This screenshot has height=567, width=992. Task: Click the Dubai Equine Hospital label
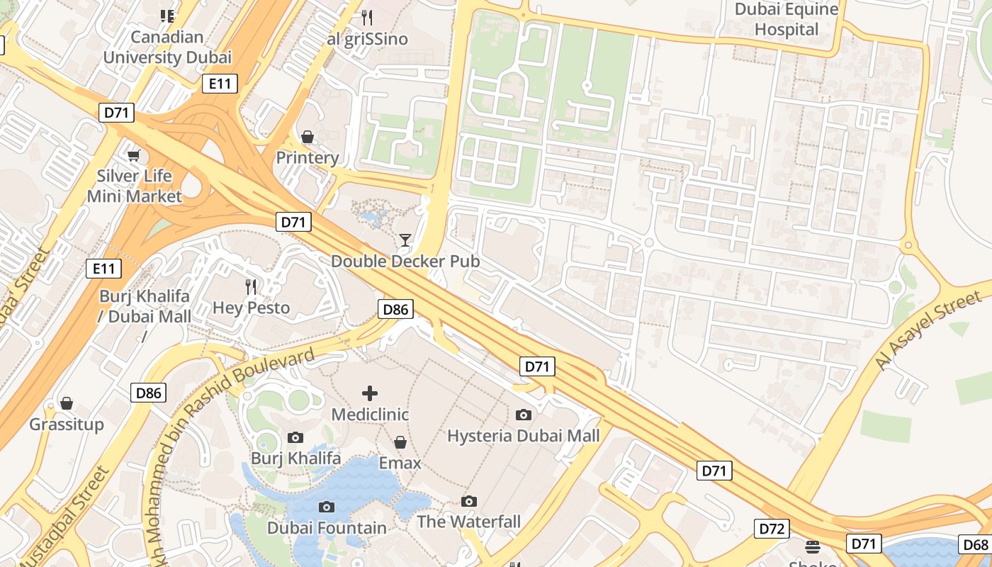[787, 20]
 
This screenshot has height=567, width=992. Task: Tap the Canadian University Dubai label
[167, 47]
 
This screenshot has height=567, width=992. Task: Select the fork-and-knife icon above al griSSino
[367, 17]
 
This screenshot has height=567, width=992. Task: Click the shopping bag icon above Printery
[308, 137]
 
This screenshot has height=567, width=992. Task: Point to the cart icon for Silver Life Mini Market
[133, 155]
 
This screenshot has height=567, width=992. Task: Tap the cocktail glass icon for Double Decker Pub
[405, 240]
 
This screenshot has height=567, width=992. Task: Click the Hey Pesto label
[252, 308]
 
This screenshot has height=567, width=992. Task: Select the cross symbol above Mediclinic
[370, 393]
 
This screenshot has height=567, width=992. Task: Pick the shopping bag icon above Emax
[400, 442]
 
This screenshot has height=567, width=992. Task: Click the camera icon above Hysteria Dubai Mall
[524, 415]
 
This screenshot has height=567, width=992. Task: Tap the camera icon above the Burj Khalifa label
[295, 437]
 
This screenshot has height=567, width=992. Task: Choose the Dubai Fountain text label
[327, 528]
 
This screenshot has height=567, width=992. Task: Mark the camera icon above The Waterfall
[468, 501]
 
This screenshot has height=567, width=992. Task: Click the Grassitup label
[67, 425]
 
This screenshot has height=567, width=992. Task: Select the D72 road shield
[771, 528]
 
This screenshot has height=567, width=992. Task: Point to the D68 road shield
[976, 544]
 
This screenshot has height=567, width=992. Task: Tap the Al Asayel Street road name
[928, 331]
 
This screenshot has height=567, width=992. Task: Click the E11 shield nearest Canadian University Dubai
[220, 84]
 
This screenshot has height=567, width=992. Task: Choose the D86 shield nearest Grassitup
[149, 393]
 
